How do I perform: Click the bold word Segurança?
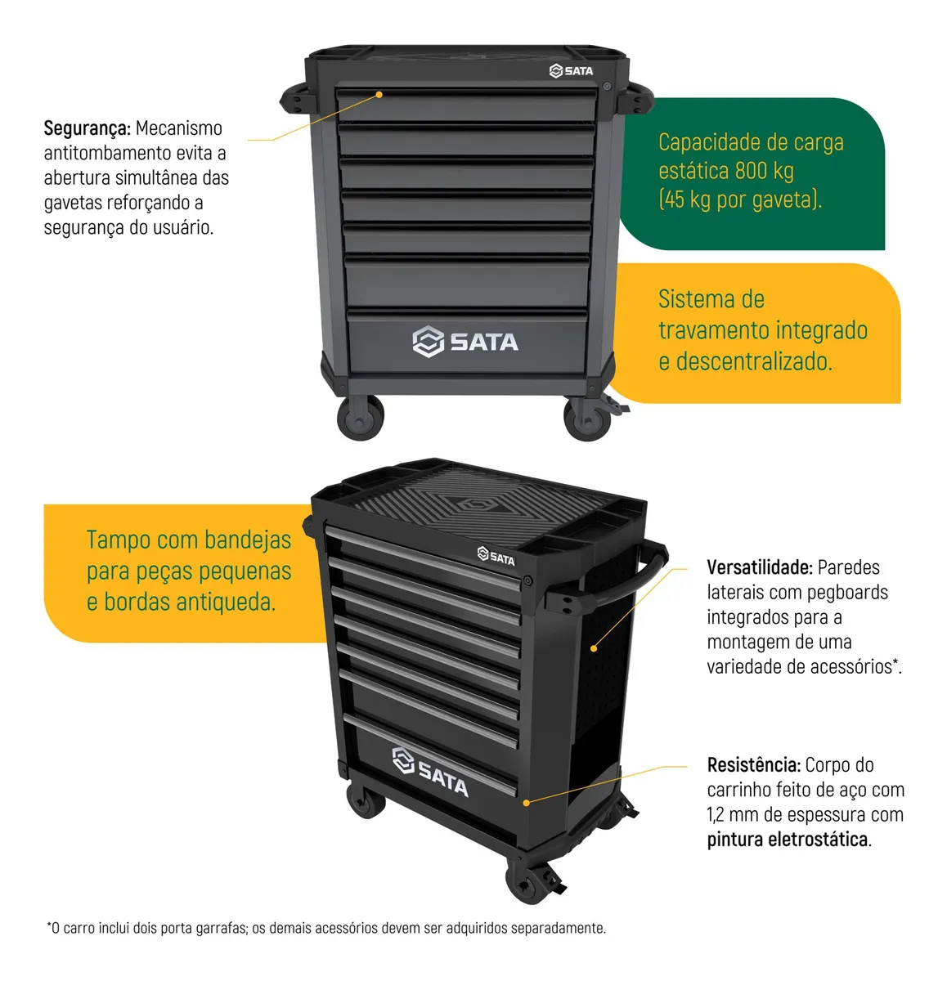(87, 128)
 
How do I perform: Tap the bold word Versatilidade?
(760, 567)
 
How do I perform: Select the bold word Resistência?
(753, 764)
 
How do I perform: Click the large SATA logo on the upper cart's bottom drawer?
(465, 342)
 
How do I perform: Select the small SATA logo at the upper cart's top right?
(571, 71)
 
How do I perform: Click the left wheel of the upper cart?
(360, 418)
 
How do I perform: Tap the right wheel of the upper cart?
(586, 419)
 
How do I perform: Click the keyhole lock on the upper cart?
(607, 87)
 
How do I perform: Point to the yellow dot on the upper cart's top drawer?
(379, 94)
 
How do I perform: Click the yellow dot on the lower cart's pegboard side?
(594, 648)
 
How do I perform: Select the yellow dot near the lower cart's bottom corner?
(526, 803)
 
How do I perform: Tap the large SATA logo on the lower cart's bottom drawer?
(430, 773)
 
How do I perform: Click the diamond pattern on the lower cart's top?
(477, 504)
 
